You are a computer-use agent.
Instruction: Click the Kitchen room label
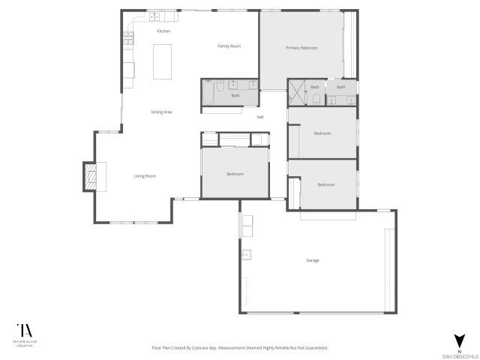point(163,31)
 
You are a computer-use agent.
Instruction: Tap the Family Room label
point(229,46)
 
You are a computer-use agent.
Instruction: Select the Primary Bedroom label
point(301,48)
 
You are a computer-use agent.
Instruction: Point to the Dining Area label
point(162,112)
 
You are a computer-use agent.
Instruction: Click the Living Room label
point(145,176)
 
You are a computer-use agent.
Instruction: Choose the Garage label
point(313,260)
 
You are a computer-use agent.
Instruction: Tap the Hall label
point(260,117)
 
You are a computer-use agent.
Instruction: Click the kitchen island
point(163,61)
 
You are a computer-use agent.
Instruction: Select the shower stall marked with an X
point(298,95)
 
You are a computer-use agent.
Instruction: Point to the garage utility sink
point(245,255)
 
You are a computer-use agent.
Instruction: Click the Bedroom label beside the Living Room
point(235,174)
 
